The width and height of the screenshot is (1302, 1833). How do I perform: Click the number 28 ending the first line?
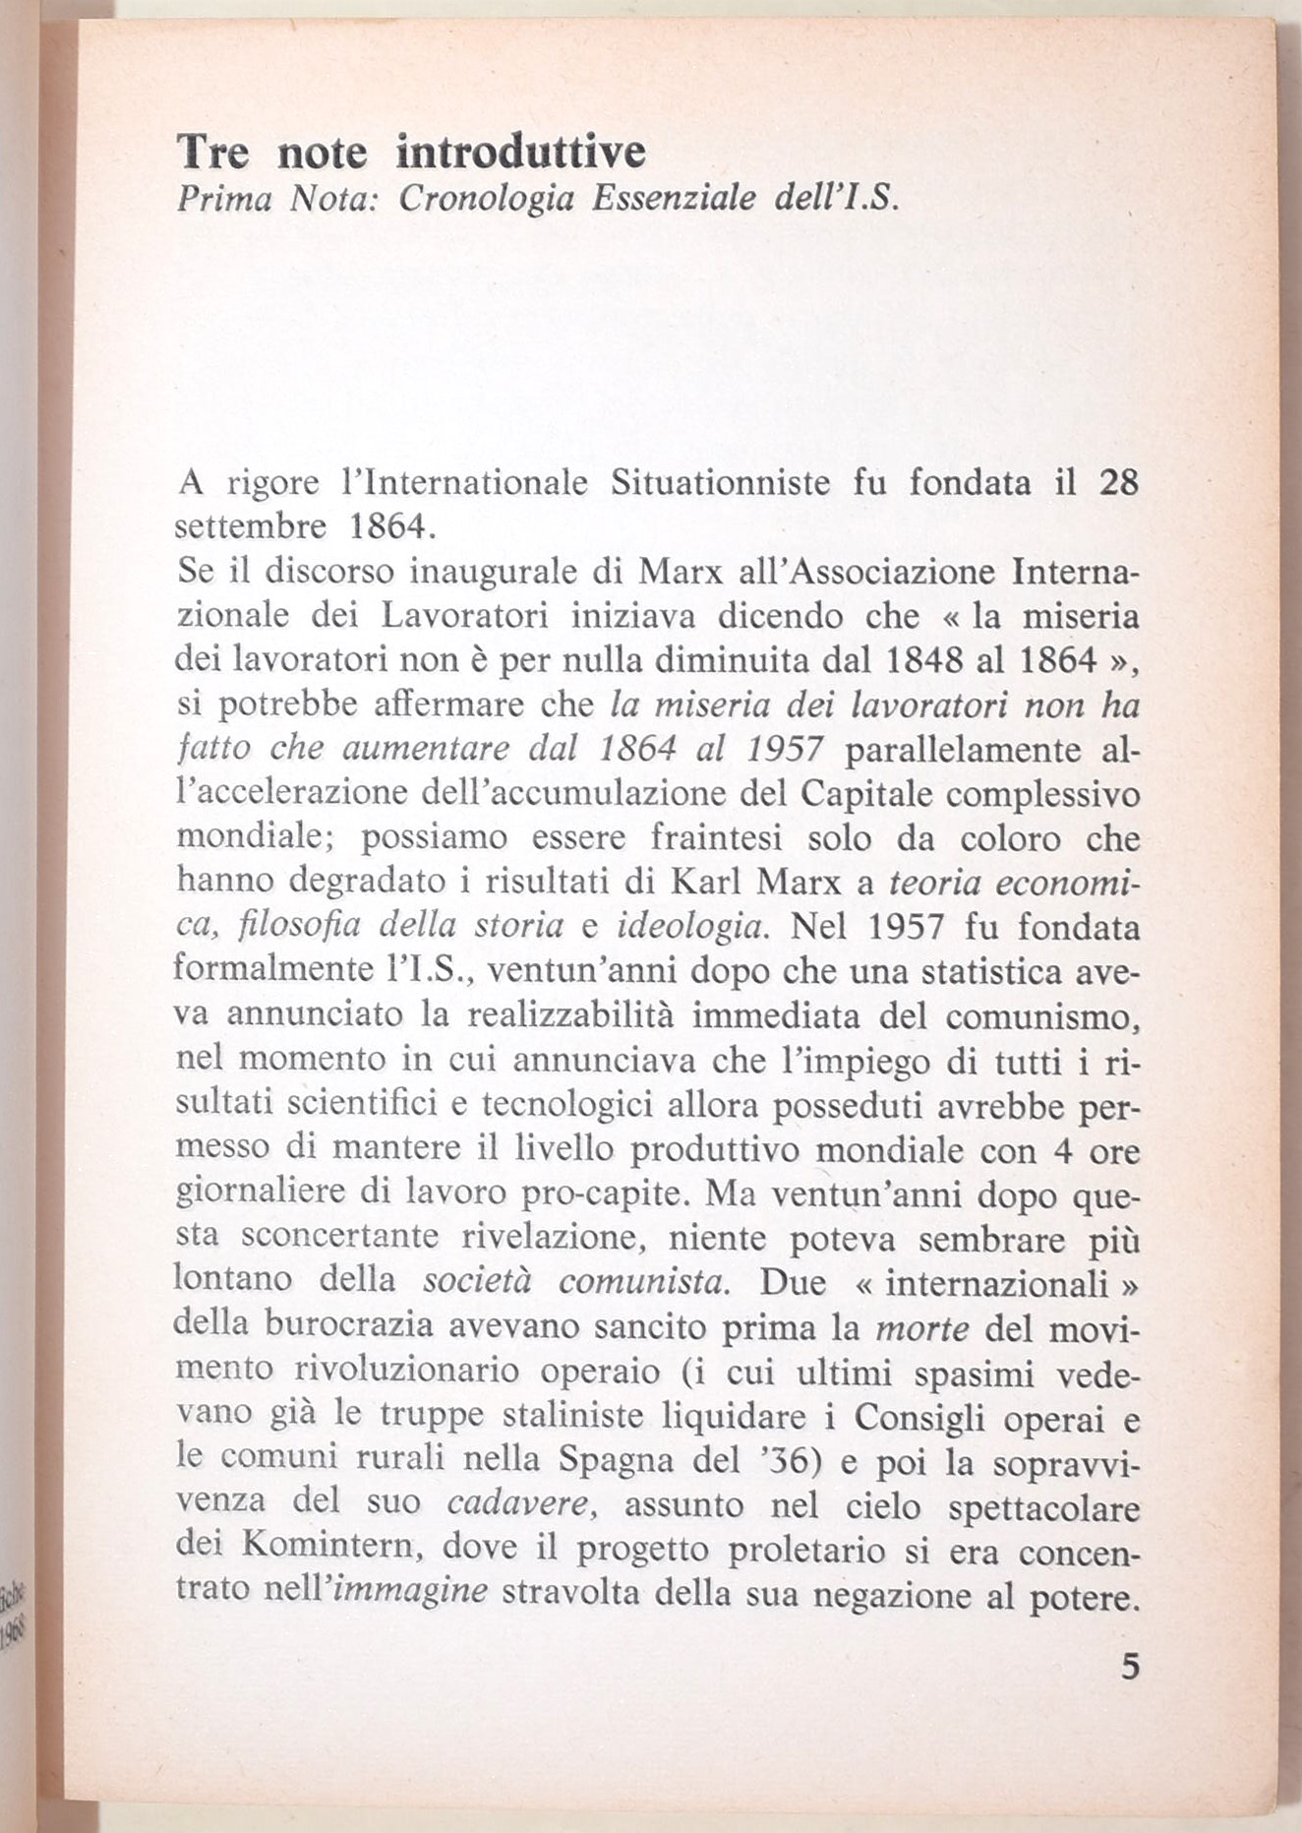pyautogui.click(x=1117, y=483)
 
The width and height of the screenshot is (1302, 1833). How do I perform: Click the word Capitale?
pyautogui.click(x=859, y=793)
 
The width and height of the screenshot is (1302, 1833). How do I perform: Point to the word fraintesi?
pyautogui.click(x=716, y=837)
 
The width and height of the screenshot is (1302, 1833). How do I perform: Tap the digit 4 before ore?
pyautogui.click(x=1062, y=1149)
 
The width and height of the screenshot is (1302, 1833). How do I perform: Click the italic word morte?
pyautogui.click(x=921, y=1327)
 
